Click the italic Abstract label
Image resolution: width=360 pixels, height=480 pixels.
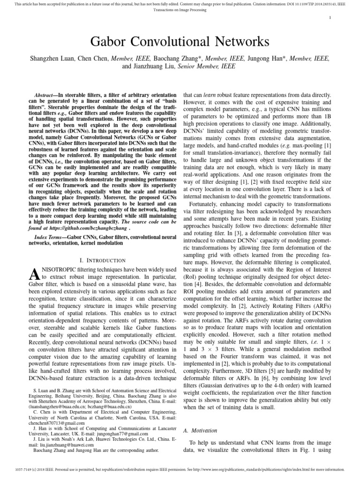[51, 94]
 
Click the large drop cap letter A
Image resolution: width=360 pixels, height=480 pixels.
[35, 276]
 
